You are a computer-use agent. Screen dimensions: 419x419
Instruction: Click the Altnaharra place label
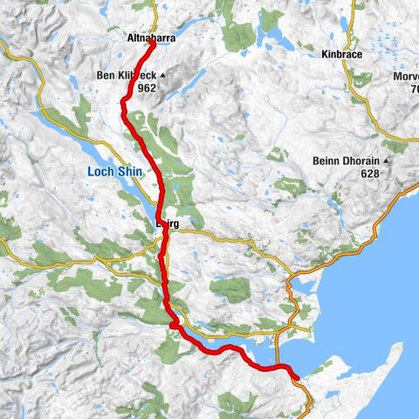(149, 39)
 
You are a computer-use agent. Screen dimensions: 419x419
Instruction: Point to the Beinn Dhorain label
(344, 161)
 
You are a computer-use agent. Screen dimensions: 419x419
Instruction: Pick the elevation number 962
(146, 88)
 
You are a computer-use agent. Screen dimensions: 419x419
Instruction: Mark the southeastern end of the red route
(297, 377)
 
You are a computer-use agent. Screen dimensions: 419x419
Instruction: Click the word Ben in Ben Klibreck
(107, 76)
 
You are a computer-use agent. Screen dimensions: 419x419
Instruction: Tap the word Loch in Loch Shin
(98, 173)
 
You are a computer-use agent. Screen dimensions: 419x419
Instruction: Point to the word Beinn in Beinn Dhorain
(327, 161)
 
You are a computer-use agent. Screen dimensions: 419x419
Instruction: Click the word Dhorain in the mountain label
(360, 161)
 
